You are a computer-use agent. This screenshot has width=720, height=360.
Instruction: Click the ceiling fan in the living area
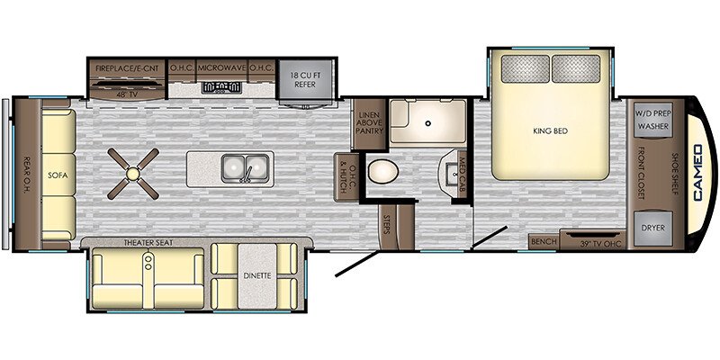click(x=133, y=174)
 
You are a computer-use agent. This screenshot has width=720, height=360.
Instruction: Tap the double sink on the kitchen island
click(x=245, y=168)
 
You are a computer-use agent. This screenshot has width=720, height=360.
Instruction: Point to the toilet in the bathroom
click(x=383, y=171)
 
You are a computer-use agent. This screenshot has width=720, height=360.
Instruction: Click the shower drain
click(x=428, y=123)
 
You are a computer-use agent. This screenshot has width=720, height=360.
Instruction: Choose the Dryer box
click(x=653, y=228)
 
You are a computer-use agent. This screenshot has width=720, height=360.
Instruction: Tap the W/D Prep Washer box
click(x=653, y=120)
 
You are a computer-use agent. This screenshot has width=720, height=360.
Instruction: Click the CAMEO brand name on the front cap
click(x=698, y=173)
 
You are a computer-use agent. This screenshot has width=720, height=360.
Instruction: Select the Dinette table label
click(x=257, y=275)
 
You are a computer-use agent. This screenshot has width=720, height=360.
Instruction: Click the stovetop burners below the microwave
click(x=221, y=87)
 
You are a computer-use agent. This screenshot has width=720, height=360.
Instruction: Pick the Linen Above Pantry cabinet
click(x=369, y=123)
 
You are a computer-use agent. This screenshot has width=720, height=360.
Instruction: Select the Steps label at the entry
click(x=386, y=225)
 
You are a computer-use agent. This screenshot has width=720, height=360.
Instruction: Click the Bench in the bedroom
click(x=544, y=241)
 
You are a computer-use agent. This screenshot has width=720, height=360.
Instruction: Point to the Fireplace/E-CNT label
click(x=127, y=68)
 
